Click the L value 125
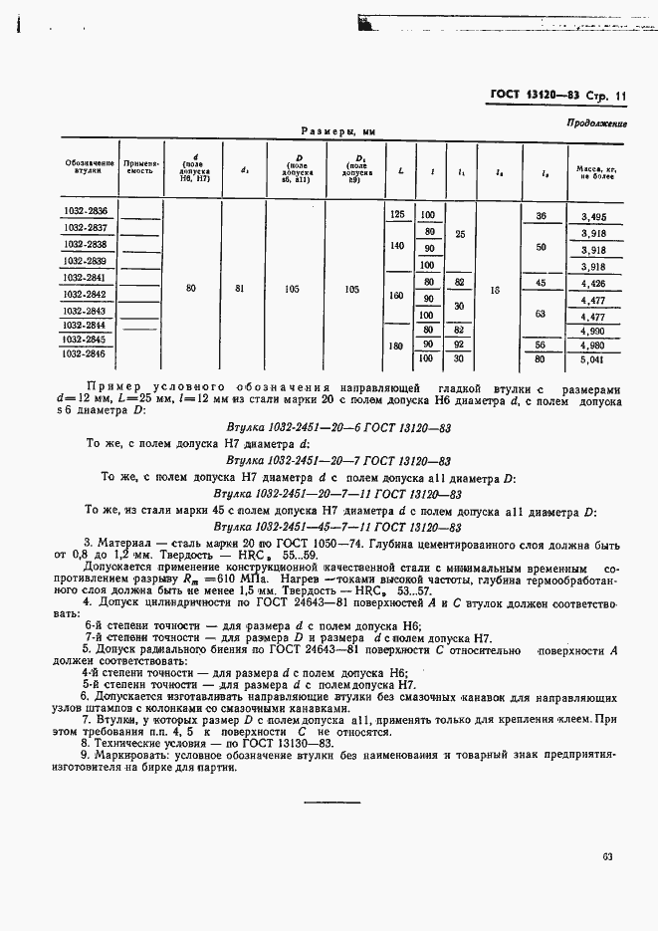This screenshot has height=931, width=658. click(x=398, y=215)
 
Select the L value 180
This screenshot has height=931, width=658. click(x=398, y=346)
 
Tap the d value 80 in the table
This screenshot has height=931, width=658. click(x=191, y=288)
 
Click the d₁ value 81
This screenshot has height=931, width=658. click(x=245, y=288)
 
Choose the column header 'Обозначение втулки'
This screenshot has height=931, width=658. click(x=89, y=167)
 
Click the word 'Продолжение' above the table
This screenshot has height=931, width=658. click(x=595, y=123)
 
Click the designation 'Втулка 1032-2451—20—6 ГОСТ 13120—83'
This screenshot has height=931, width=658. click(x=338, y=423)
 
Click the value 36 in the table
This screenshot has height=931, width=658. click(x=541, y=216)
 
